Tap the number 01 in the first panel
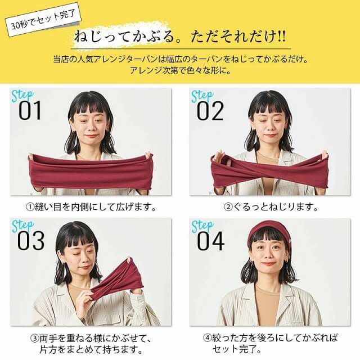[30, 111]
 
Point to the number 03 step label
[30, 241]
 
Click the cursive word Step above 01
[22, 94]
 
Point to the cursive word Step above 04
[202, 225]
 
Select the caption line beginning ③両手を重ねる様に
[90, 340]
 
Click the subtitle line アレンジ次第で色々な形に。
[180, 71]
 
